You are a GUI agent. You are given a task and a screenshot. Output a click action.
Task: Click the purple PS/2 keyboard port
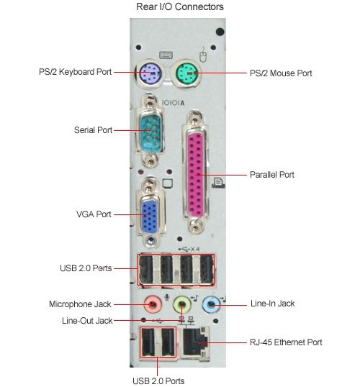pos(150,73)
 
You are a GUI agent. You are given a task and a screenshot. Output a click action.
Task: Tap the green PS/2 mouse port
pos(186,73)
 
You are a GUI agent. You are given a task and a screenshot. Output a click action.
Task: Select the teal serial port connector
pos(149,132)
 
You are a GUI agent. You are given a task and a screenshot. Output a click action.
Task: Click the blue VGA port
pos(149,216)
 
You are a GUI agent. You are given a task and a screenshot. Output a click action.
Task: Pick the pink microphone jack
pos(153,304)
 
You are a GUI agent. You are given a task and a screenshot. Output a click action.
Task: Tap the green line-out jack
pos(182,304)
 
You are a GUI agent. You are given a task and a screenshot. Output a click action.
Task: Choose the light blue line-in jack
pos(211,304)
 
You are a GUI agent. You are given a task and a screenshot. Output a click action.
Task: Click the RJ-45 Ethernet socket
pos(195,342)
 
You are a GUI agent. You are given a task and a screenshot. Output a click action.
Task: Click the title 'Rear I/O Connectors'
pos(180,6)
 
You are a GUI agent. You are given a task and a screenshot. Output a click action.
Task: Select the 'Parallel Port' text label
pos(271,175)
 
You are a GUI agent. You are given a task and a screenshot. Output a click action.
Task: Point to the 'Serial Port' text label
pos(93,129)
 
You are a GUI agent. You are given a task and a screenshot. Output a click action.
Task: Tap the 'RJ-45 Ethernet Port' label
pos(286,342)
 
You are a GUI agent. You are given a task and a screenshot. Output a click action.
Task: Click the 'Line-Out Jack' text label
pos(87,321)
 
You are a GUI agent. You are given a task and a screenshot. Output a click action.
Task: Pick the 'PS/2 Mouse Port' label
pos(281,73)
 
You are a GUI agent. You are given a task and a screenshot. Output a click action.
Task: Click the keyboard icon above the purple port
pos(166,55)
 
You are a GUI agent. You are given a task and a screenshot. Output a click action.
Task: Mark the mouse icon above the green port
pos(203,55)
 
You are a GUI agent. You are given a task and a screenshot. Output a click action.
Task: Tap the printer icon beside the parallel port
pos(218,183)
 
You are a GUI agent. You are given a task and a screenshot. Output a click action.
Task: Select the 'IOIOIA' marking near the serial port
pos(173,103)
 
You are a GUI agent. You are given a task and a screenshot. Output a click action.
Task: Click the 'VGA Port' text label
pos(94,214)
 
